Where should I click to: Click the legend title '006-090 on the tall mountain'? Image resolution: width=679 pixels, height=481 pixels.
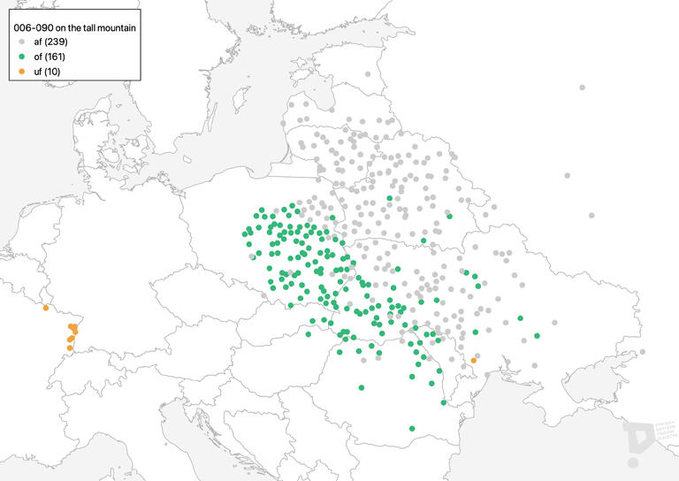(74, 28)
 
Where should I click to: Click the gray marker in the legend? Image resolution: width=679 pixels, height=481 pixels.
(20, 42)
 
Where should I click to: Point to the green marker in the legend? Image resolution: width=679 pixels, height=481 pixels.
(20, 57)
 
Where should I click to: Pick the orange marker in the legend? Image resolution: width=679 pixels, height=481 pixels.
(20, 71)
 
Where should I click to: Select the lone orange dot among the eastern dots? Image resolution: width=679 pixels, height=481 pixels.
(474, 360)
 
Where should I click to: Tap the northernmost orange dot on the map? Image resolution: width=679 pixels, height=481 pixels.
(45, 308)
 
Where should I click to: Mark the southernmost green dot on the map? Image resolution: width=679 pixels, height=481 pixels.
(412, 429)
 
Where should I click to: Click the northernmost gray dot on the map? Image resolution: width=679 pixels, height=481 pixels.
(583, 88)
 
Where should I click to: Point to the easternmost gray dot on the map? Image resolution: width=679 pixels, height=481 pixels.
(642, 352)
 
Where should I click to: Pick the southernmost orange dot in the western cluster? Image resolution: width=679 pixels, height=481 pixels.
(70, 348)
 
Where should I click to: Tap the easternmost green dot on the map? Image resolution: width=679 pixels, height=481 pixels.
(538, 336)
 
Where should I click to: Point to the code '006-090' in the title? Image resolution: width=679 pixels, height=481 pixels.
(32, 28)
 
